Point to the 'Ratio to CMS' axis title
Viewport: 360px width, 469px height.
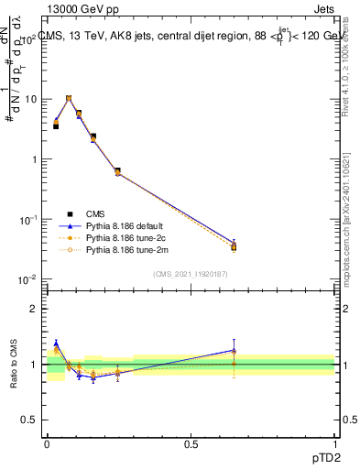14,363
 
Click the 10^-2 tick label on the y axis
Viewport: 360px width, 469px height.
27,279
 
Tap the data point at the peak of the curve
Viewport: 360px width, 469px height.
69,98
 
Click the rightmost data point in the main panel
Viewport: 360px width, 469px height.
234,245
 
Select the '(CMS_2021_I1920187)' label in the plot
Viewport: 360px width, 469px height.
191,274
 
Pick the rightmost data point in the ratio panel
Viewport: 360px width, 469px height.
234,351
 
